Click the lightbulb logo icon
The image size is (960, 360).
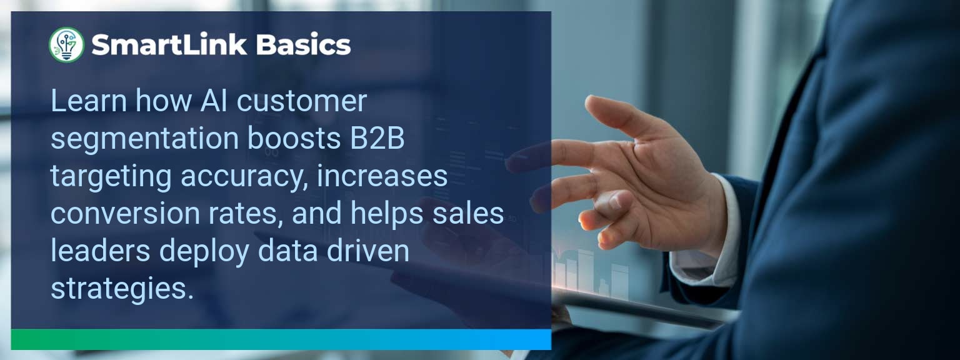pos(66,45)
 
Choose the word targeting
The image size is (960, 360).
pos(111,177)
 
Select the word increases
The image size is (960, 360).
pos(382,176)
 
